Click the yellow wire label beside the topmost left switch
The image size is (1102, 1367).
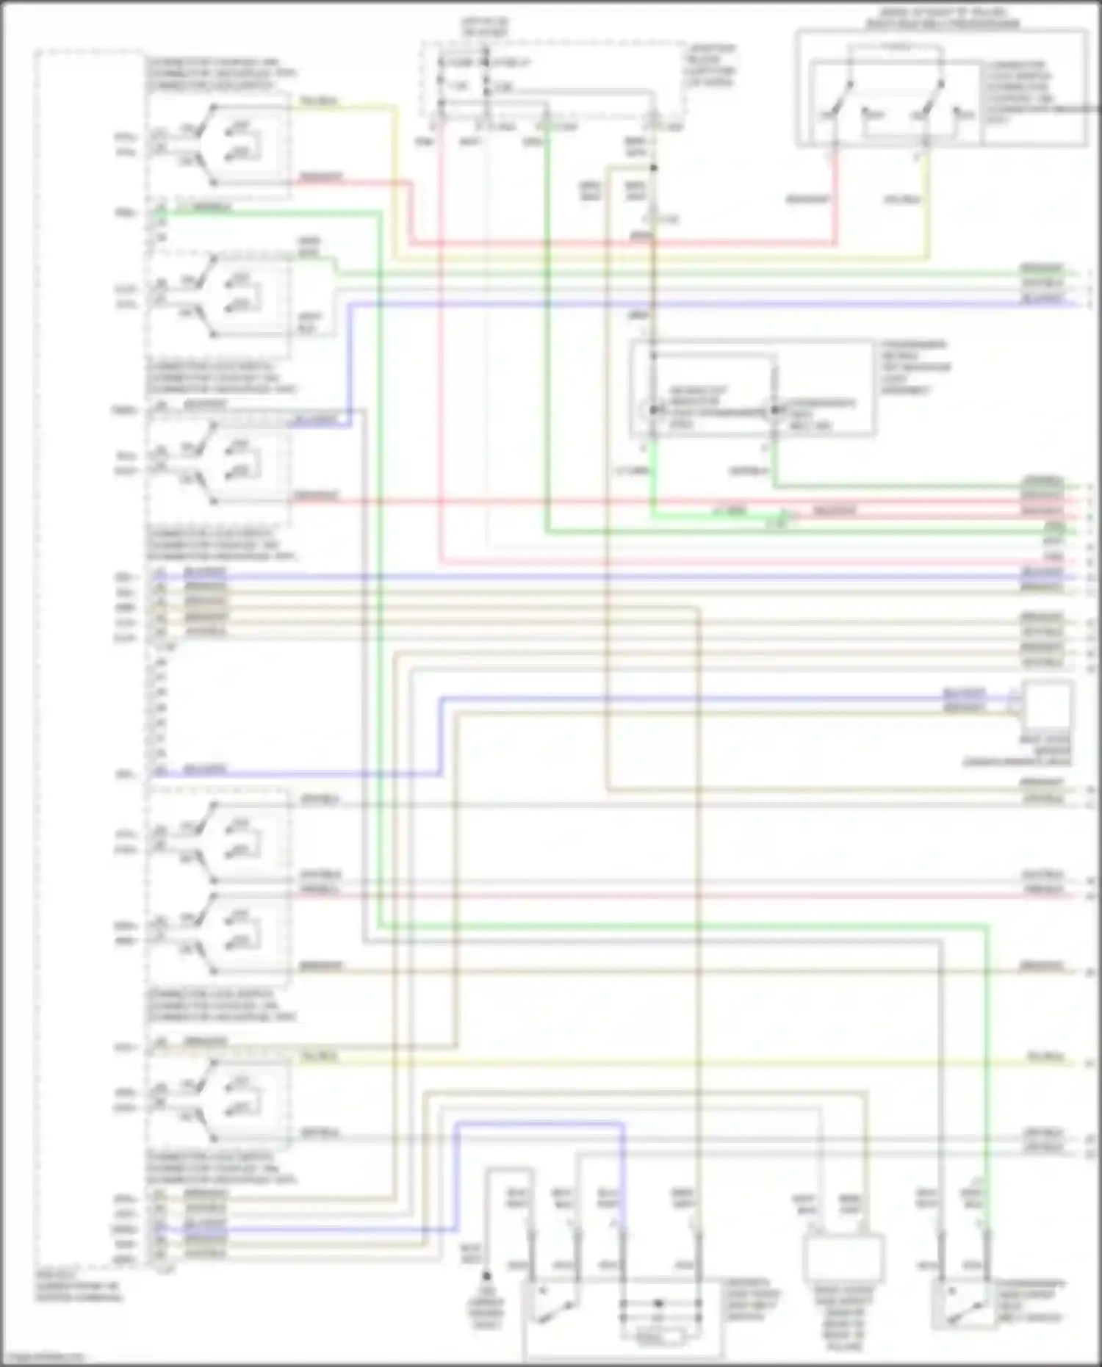[318, 101]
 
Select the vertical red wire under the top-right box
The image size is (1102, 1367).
[835, 198]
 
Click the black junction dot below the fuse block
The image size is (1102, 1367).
[653, 168]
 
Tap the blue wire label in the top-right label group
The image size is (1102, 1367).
[1042, 299]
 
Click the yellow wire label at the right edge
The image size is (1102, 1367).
[1045, 1058]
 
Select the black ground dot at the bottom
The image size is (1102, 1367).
[486, 1276]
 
